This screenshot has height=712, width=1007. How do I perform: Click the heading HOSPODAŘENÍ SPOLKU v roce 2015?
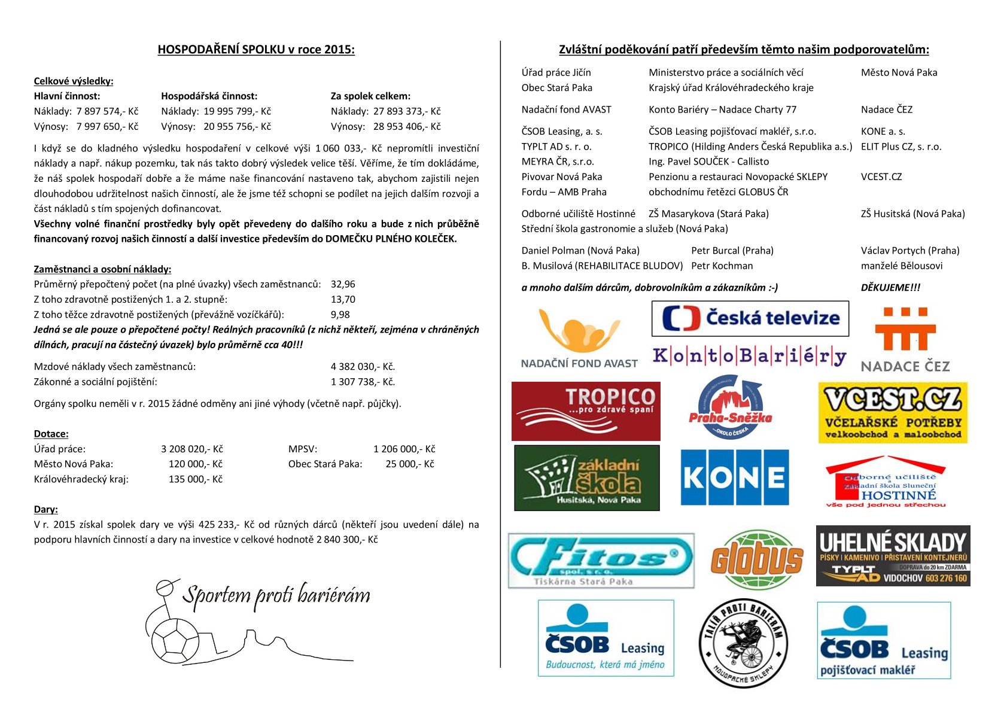point(256,50)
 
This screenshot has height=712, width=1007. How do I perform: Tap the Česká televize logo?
point(750,318)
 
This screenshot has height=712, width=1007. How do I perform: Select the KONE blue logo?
point(735,477)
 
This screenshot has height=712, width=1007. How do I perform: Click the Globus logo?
point(757,560)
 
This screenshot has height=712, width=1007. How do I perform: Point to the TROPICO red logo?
point(586,411)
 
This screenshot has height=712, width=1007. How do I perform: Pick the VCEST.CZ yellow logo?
point(893,413)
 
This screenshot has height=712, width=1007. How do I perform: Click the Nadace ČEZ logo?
point(905,339)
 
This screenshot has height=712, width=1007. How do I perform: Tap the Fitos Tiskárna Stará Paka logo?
point(601,561)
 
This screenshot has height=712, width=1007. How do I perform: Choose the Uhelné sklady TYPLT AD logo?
point(893,556)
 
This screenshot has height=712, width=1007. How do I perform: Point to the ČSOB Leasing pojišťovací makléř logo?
point(884,640)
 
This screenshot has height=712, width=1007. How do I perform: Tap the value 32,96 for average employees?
point(343,284)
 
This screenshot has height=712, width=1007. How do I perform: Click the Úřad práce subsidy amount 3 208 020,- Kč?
point(191,449)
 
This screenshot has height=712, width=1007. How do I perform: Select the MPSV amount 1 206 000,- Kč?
point(404,449)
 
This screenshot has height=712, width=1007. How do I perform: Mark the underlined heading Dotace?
point(51,434)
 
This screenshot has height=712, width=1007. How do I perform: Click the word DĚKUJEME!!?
point(890,288)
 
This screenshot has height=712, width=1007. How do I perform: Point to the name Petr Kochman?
point(722,266)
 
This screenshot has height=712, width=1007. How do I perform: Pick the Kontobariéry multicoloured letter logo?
point(749,357)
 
